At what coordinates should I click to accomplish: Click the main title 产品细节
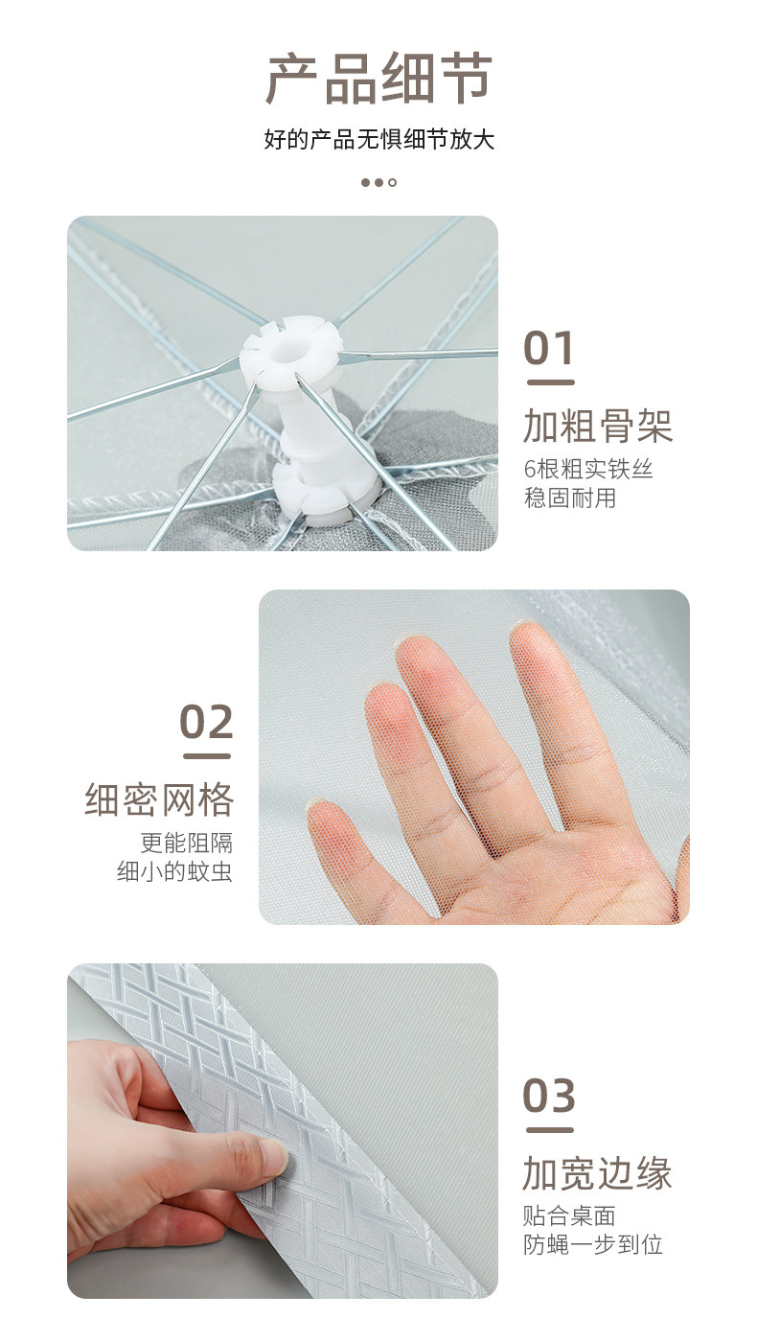(378, 78)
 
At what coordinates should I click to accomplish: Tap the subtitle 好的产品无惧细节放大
(379, 140)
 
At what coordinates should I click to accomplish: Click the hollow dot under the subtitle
(392, 182)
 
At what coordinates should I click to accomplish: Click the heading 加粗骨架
(598, 426)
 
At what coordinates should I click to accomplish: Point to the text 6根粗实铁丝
(587, 469)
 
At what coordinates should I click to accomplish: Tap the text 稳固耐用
(569, 497)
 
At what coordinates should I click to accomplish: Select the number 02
(206, 721)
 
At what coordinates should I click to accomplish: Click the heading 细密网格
(159, 799)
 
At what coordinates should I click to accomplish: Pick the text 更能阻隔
(186, 843)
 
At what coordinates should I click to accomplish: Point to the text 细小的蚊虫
(174, 871)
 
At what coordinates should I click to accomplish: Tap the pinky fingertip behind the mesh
(327, 817)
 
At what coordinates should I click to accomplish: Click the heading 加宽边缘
(597, 1173)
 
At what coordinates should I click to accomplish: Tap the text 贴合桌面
(569, 1216)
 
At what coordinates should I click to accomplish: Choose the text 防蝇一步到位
(593, 1245)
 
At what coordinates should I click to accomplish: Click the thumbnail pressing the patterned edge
(273, 1154)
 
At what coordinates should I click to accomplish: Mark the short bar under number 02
(207, 756)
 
